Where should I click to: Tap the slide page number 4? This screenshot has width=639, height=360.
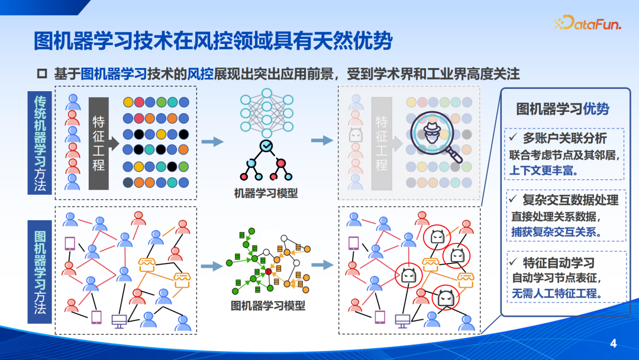click(x=613, y=343)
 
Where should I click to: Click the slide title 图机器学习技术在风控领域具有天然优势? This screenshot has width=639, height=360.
click(x=213, y=42)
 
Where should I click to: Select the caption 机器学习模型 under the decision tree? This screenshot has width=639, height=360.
click(x=266, y=193)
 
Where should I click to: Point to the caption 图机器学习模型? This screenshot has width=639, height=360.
click(x=268, y=306)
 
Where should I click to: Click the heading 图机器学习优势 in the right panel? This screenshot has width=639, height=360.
click(x=563, y=109)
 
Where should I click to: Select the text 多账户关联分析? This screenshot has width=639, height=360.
click(x=564, y=138)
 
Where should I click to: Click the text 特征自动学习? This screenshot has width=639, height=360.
click(x=559, y=262)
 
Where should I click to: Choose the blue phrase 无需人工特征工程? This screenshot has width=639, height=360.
click(x=557, y=292)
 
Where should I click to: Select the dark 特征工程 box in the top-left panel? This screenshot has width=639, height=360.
click(x=99, y=143)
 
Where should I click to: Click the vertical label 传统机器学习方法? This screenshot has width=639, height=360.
click(x=40, y=143)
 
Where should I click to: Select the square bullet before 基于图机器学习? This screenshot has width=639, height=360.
click(x=42, y=74)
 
